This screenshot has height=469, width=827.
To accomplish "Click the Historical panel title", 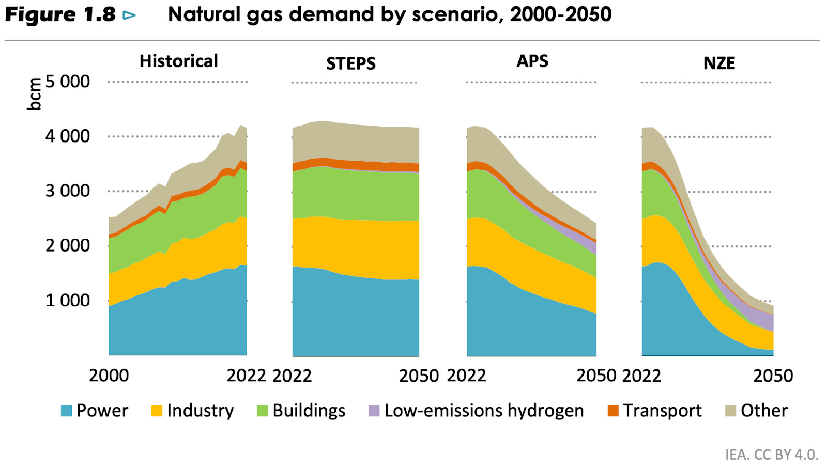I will [178, 61].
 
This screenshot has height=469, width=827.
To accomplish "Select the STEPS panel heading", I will [350, 64].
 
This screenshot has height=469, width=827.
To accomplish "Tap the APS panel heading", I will [532, 61].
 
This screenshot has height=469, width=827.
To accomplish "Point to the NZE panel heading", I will [718, 64].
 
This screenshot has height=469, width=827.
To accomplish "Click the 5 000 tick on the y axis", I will [67, 82].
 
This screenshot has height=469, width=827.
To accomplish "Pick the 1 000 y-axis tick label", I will [67, 300].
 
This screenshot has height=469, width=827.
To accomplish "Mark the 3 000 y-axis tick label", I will [67, 191].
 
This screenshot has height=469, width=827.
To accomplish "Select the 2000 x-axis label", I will [109, 376].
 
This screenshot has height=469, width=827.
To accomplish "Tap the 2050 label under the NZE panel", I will [773, 376].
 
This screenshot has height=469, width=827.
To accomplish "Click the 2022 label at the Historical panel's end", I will [246, 376].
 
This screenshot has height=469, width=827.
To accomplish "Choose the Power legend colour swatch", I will [66, 411].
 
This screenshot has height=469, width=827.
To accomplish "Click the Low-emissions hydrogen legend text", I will [484, 411].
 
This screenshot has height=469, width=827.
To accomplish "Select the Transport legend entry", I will [654, 411].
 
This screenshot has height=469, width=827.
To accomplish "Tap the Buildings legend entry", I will [301, 411].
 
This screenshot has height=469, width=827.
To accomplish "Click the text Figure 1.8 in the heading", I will [60, 14].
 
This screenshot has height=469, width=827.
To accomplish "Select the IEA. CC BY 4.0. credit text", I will [771, 455].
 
